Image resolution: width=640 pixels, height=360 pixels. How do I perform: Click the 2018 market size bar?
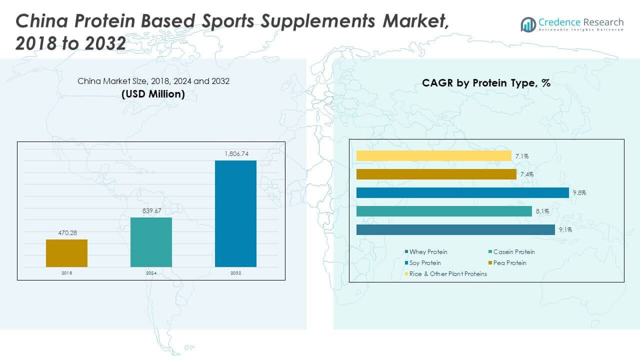[x=66, y=253]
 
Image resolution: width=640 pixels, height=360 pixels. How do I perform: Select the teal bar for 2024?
[x=151, y=242]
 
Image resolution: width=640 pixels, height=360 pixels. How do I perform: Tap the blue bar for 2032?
[x=235, y=213]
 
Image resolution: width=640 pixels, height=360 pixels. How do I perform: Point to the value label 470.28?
[x=66, y=232]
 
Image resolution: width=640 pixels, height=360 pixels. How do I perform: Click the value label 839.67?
[x=151, y=210]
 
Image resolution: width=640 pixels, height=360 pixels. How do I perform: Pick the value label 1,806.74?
[x=235, y=153]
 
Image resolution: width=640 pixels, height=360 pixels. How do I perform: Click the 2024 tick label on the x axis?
[x=151, y=273]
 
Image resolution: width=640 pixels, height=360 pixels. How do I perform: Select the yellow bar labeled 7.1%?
[x=433, y=156]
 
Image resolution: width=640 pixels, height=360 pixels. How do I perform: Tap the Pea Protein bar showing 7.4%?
[x=436, y=174]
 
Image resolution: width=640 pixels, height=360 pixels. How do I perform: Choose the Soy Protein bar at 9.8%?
[x=462, y=192]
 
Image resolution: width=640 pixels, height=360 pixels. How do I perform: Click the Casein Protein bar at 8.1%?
[x=444, y=211]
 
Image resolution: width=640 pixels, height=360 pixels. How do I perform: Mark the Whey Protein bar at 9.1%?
[x=455, y=229]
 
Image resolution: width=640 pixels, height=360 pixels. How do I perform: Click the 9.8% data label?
[x=579, y=193]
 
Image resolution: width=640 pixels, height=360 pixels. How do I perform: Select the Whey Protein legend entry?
[x=428, y=252]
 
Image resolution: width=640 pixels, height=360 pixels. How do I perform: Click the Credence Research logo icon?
[x=528, y=24]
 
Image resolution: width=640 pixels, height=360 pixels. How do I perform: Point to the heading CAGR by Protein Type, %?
[x=486, y=83]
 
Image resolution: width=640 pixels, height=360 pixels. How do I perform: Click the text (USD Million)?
[x=153, y=93]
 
